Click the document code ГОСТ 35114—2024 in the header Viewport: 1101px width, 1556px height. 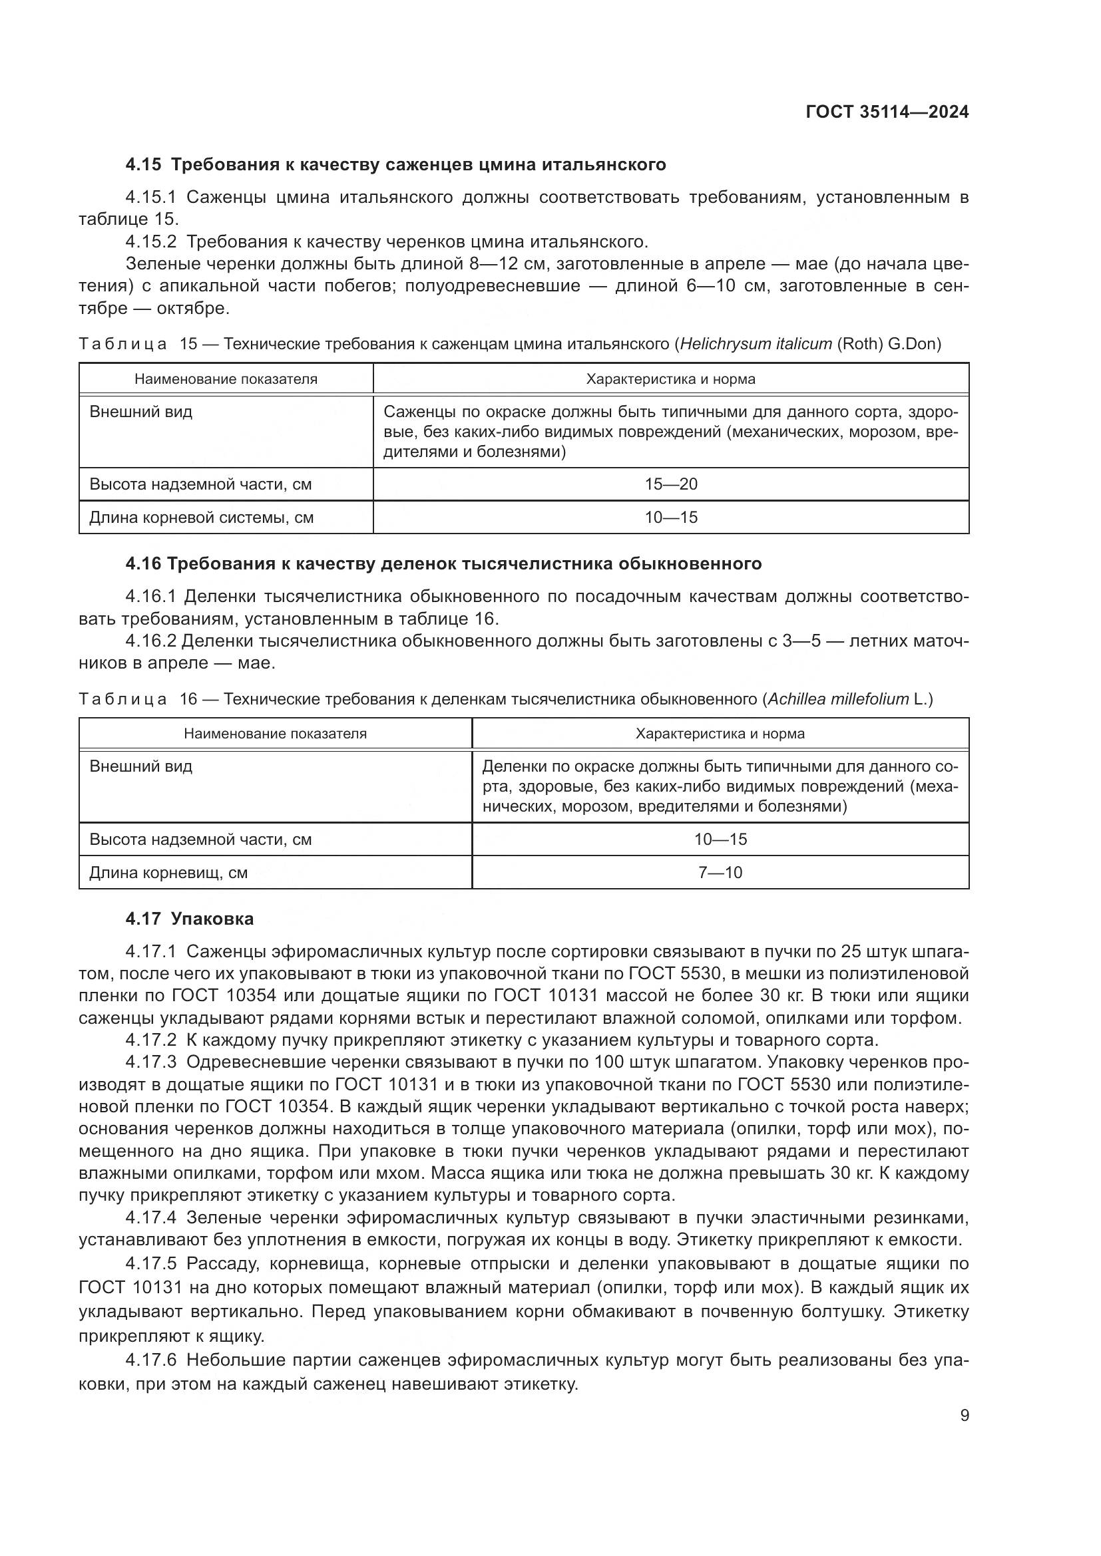click(x=887, y=112)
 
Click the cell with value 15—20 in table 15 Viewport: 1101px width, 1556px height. click(x=670, y=484)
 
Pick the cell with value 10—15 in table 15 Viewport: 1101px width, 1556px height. click(x=670, y=517)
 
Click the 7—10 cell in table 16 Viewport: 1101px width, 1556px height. click(x=720, y=872)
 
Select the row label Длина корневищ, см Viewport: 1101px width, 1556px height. click(x=169, y=872)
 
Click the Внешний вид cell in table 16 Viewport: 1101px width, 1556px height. click(x=141, y=766)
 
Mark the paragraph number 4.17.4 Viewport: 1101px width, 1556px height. click(x=151, y=1218)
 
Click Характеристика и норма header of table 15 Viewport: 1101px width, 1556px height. click(x=670, y=379)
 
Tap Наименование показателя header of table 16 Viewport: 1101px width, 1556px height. click(x=276, y=733)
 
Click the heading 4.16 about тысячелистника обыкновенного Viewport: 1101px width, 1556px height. click(x=443, y=564)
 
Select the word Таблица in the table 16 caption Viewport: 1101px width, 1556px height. click(x=122, y=699)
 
